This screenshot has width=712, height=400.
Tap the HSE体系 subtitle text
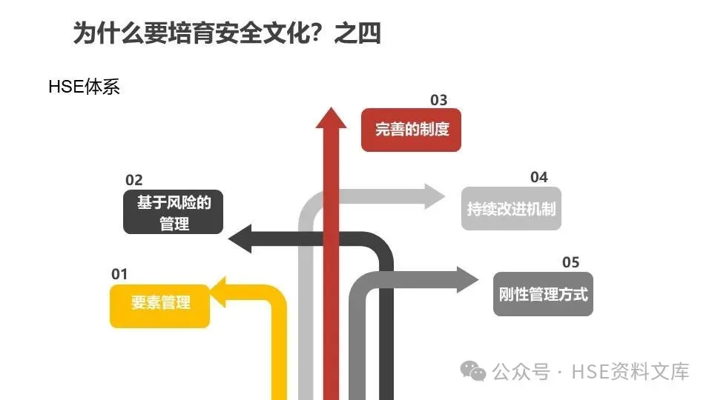tap(84, 87)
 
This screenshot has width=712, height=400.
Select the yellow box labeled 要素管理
tap(160, 302)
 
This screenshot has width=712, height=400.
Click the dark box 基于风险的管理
tap(174, 213)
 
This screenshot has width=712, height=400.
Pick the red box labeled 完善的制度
tap(412, 130)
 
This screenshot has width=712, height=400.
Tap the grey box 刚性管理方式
tap(543, 294)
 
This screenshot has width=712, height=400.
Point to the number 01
tap(119, 274)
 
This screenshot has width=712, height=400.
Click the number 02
tap(133, 180)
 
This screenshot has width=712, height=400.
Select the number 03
tap(439, 100)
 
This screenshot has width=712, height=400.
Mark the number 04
tap(538, 177)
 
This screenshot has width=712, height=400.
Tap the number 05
tap(570, 262)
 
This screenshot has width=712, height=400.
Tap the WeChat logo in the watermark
tap(474, 370)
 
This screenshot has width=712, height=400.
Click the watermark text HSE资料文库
tap(630, 371)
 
